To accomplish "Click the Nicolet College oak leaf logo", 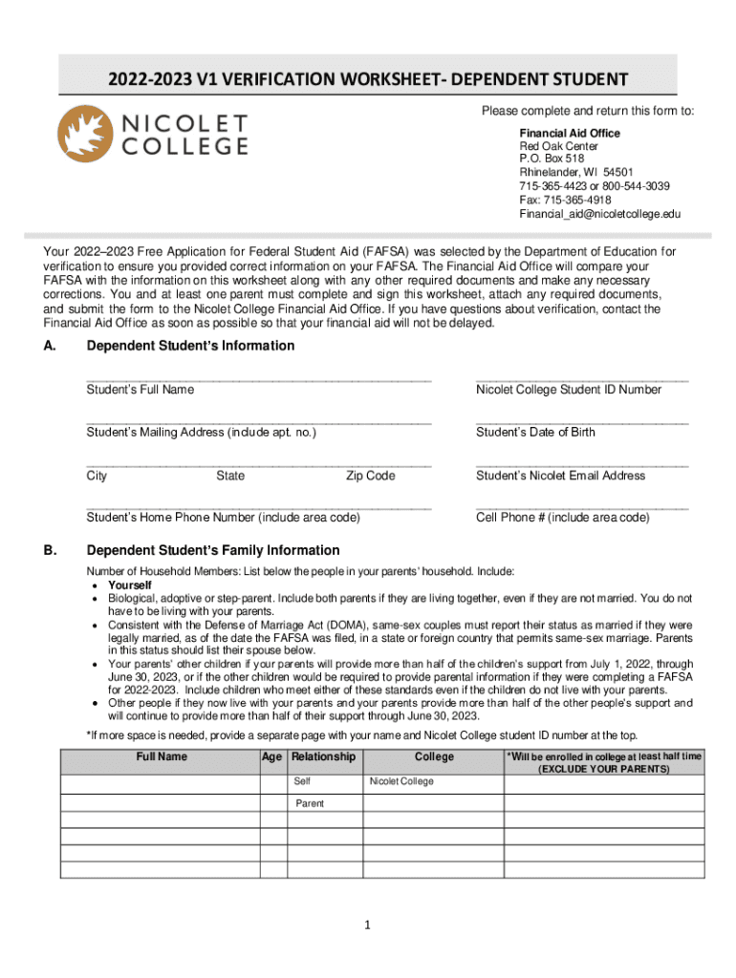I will pyautogui.click(x=85, y=134).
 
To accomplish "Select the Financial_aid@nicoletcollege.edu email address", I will pyautogui.click(x=599, y=214).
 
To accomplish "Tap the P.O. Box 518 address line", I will pyautogui.click(x=552, y=159).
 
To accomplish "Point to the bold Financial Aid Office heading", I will pyautogui.click(x=570, y=133).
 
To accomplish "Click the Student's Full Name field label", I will pyautogui.click(x=141, y=390).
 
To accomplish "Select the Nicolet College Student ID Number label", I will pyautogui.click(x=568, y=390).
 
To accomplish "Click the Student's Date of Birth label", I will pyautogui.click(x=535, y=433).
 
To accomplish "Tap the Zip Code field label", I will pyautogui.click(x=370, y=476).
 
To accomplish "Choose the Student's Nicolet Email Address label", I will pyautogui.click(x=560, y=476).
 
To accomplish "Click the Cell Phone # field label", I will pyautogui.click(x=562, y=518).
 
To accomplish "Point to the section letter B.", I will pyautogui.click(x=49, y=550).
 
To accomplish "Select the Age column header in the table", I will pyautogui.click(x=272, y=757).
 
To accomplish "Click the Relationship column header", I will pyautogui.click(x=323, y=757).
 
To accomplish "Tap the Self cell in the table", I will pyautogui.click(x=302, y=781).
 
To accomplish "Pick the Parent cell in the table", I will pyautogui.click(x=309, y=803).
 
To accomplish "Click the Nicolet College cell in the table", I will pyautogui.click(x=401, y=781).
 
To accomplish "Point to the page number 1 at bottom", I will pyautogui.click(x=368, y=925).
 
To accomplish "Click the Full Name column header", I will pyautogui.click(x=162, y=757).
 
